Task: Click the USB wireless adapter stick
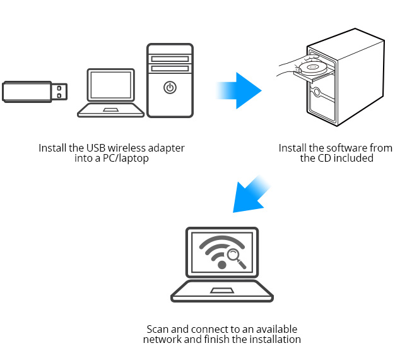pyautogui.click(x=35, y=92)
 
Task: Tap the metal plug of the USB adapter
pyautogui.click(x=59, y=92)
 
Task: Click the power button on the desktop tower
pyautogui.click(x=170, y=88)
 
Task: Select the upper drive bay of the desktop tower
pyautogui.click(x=170, y=59)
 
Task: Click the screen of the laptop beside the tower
pyautogui.click(x=111, y=85)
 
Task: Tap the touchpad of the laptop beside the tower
pyautogui.click(x=111, y=110)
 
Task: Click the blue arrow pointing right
pyautogui.click(x=239, y=90)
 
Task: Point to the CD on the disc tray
pyautogui.click(x=312, y=67)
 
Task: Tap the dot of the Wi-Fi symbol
pyautogui.click(x=221, y=265)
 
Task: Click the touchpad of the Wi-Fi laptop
pyautogui.click(x=222, y=291)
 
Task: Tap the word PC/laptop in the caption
pyautogui.click(x=126, y=159)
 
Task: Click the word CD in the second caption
pyautogui.click(x=324, y=159)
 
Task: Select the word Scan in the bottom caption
pyautogui.click(x=158, y=329)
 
